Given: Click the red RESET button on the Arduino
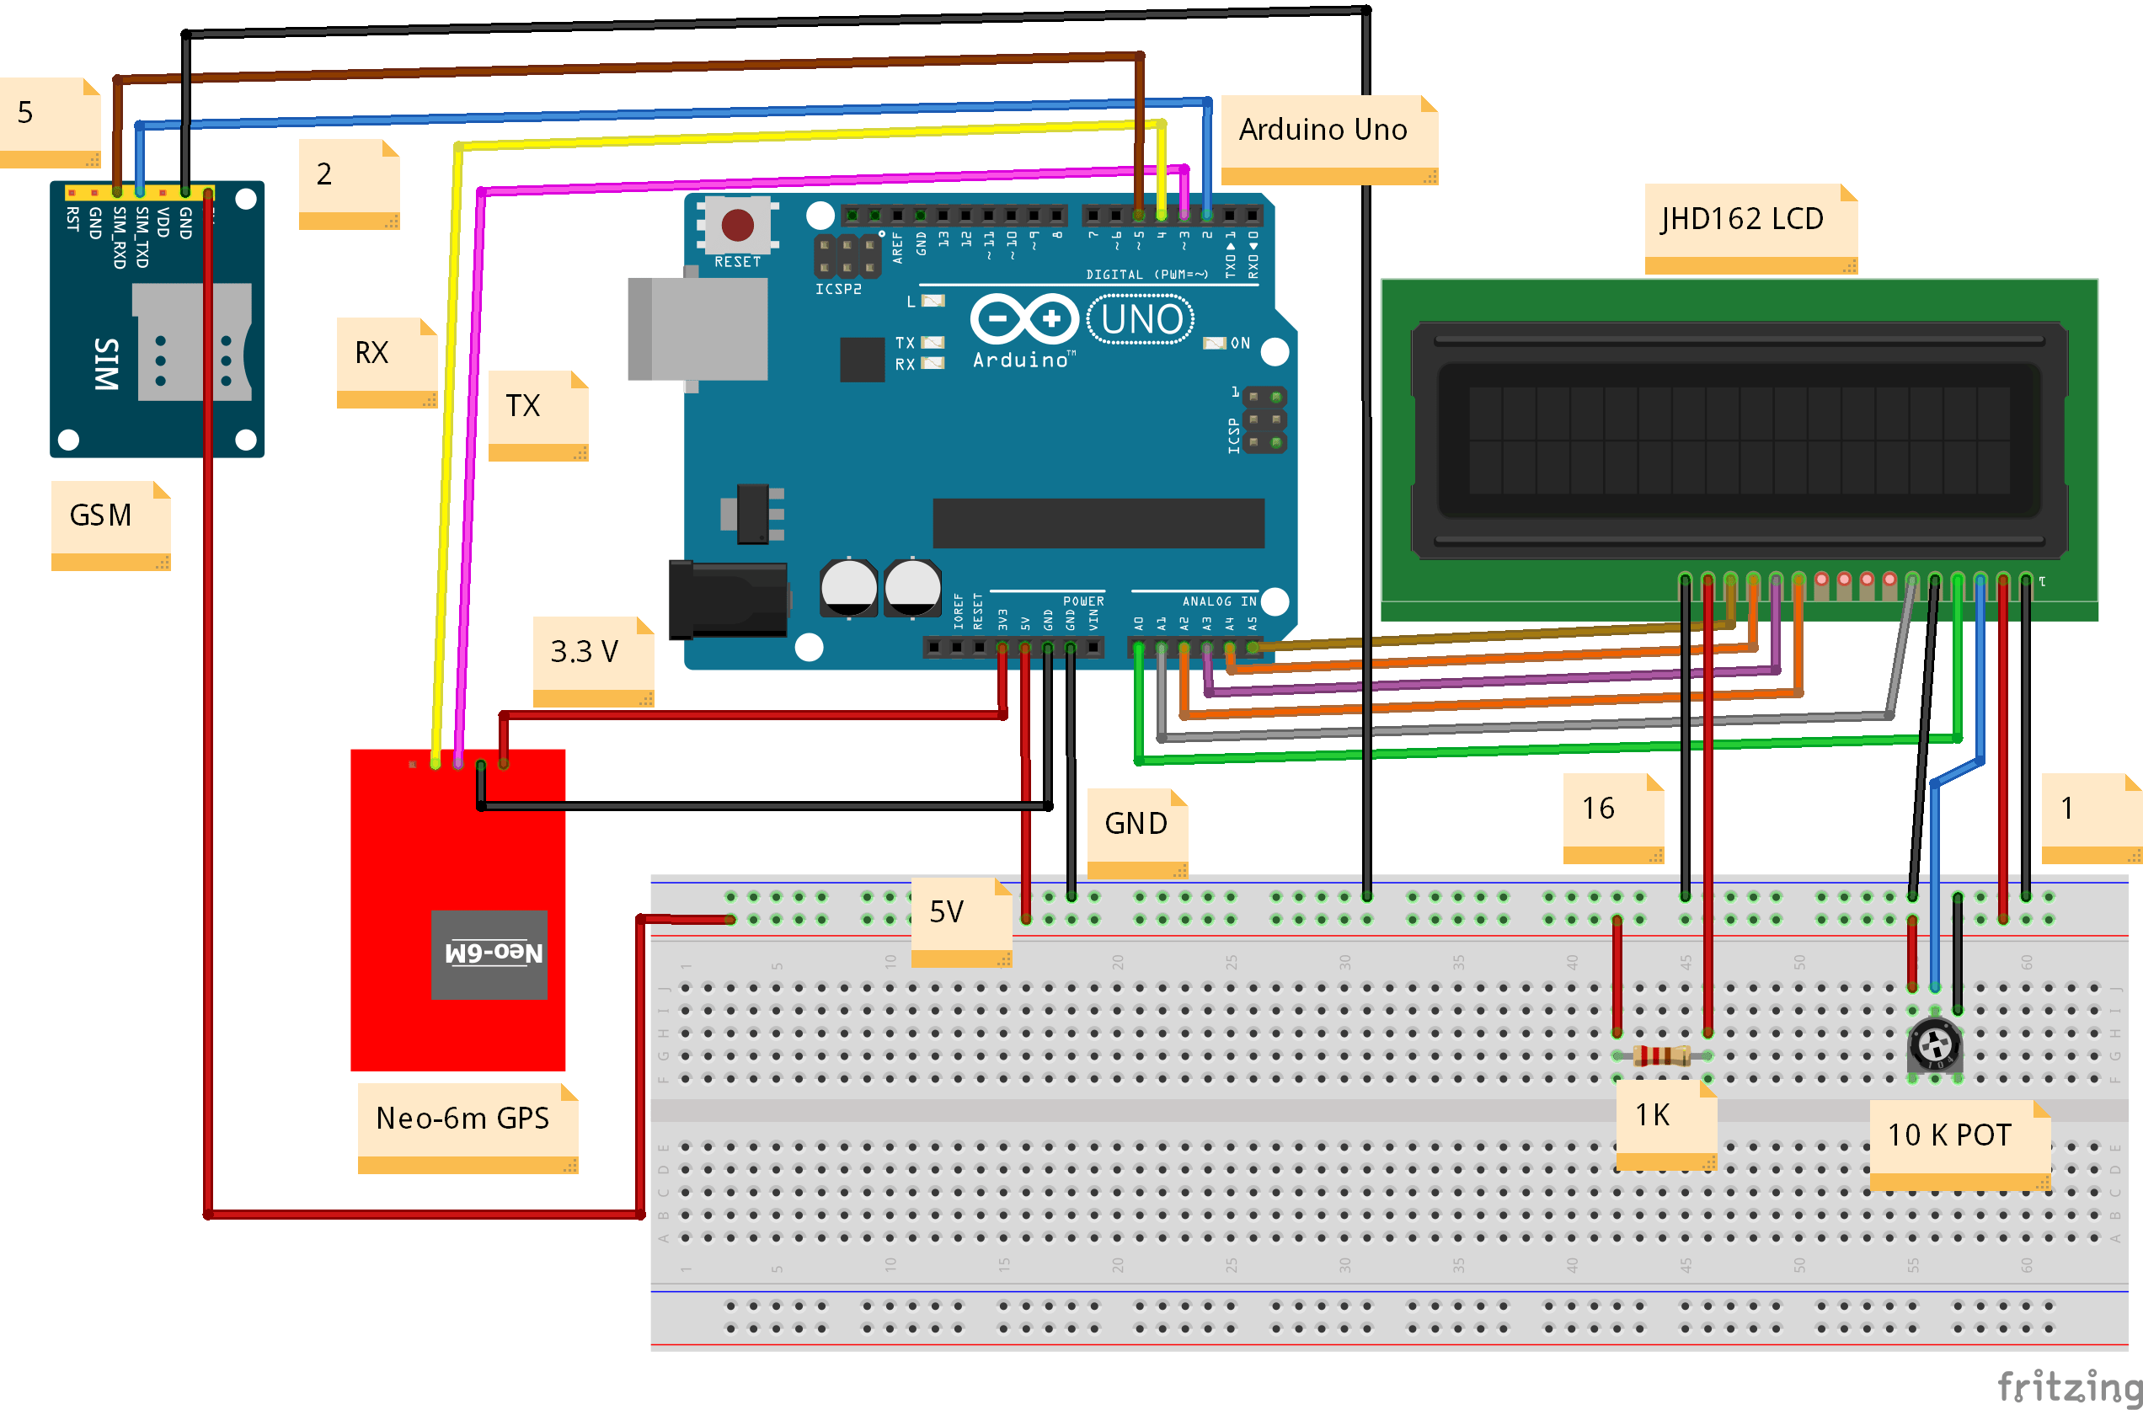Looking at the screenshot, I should pyautogui.click(x=737, y=225).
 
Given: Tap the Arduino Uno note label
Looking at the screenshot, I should pyautogui.click(x=1323, y=131).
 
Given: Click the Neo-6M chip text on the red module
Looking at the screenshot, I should pyautogui.click(x=494, y=953).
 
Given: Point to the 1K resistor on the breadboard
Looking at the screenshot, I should pyautogui.click(x=1661, y=1055).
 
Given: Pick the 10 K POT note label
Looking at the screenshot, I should pyautogui.click(x=1950, y=1136).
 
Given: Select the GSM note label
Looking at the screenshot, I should pyautogui.click(x=102, y=516).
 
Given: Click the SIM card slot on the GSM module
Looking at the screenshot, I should pyautogui.click(x=192, y=342).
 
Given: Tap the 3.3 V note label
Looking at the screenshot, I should pyautogui.click(x=585, y=652).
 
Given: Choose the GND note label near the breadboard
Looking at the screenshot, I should pyautogui.click(x=1136, y=824).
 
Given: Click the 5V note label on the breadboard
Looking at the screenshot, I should pyautogui.click(x=947, y=912).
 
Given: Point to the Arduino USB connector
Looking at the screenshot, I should pyautogui.click(x=697, y=328).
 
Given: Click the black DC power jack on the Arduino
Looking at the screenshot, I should pyautogui.click(x=729, y=600).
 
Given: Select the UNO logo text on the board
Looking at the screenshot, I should pyautogui.click(x=1141, y=319).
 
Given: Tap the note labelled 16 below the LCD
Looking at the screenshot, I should pyautogui.click(x=1600, y=809).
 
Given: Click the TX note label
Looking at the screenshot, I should pyautogui.click(x=523, y=406).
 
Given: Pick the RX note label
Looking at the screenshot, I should pyautogui.click(x=371, y=353).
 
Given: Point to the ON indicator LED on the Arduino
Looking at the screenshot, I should pyautogui.click(x=1215, y=343).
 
